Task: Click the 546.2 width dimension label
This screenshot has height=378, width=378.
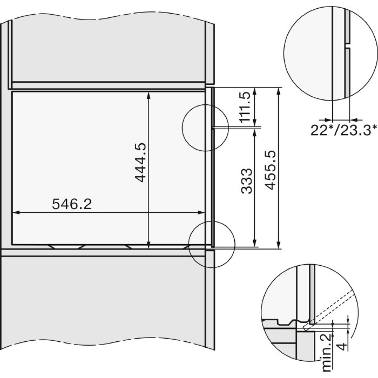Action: click(x=72, y=204)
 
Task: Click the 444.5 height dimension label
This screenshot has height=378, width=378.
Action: click(x=140, y=162)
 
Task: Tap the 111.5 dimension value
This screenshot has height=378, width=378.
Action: click(x=246, y=107)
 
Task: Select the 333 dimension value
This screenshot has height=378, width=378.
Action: click(x=246, y=178)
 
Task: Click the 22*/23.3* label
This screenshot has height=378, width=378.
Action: click(x=343, y=130)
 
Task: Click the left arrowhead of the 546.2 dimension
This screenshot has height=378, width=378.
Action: click(x=15, y=212)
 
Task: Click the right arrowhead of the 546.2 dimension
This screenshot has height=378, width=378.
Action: click(x=201, y=212)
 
